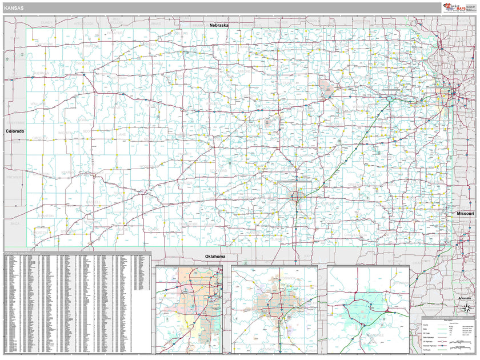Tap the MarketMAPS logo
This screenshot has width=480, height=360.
point(458,7)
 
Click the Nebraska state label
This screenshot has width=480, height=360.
point(219,26)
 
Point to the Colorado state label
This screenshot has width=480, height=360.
point(15,131)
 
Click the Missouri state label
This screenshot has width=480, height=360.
point(465,213)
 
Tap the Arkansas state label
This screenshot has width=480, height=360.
point(464,298)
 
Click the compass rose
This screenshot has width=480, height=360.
point(467,309)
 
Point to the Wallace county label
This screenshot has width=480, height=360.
point(38,103)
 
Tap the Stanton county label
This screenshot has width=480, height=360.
point(46,215)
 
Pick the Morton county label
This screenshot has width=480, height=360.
point(41,233)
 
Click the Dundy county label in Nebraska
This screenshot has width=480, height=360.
point(47,22)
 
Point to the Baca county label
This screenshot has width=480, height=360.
point(15,223)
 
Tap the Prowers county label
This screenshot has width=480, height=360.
point(14,177)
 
